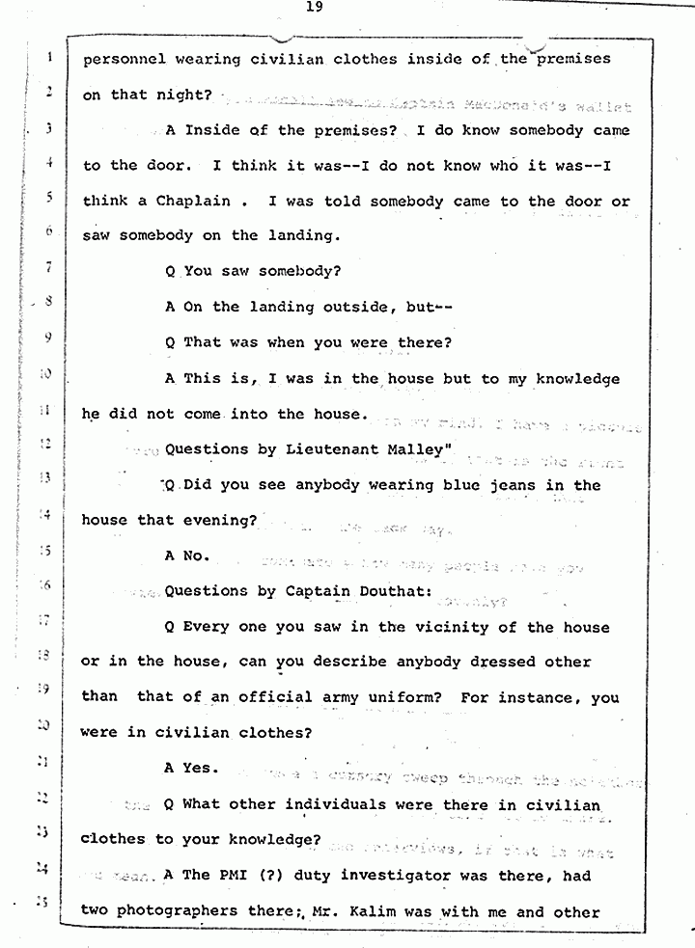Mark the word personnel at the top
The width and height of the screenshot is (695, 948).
[125, 59]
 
